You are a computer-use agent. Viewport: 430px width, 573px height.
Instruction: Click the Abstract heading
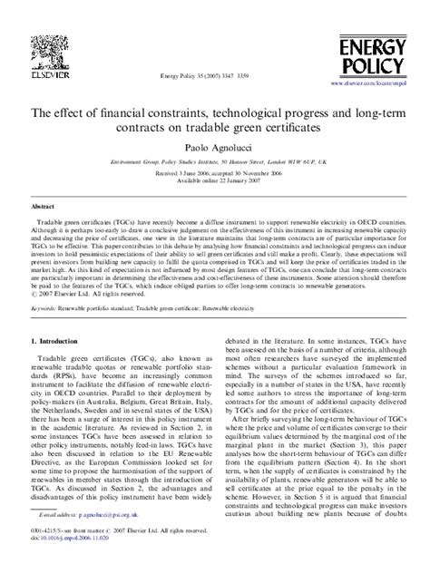46,207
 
